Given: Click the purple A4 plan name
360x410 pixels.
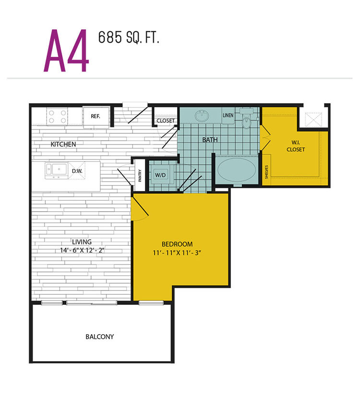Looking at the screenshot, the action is pos(66,50).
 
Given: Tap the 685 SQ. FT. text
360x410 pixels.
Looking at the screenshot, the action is pos(129,37).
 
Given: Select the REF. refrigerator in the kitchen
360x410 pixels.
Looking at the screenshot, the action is pos(96,117).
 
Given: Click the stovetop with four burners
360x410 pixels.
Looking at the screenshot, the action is pos(57,117).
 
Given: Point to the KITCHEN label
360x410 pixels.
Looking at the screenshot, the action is pos(63,145).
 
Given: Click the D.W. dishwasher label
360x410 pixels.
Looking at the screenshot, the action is pos(77,171).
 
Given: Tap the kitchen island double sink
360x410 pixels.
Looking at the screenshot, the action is pos(56,170).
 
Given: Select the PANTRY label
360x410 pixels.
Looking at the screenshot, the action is pos(140,176).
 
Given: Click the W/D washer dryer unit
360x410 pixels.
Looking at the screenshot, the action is pos(160,174).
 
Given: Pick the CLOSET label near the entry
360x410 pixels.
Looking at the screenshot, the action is pos(166,121).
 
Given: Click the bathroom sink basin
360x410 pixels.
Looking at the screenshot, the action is pos(202,116).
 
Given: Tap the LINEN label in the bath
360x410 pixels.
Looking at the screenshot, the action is pos(228,115).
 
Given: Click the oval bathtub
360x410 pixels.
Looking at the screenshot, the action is pos(237,170).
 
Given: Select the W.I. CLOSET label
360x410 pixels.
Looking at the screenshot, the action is pos(296,146).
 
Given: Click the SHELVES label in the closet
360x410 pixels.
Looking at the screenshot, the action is pos(266,172).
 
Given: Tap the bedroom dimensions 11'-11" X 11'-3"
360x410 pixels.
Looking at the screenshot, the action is pos(177,253).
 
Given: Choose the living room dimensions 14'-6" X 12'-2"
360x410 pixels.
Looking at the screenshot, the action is pos(82,250).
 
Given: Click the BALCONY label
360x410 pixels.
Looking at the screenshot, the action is pos(100,337).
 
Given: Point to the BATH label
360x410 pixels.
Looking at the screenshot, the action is pos(210,140).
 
